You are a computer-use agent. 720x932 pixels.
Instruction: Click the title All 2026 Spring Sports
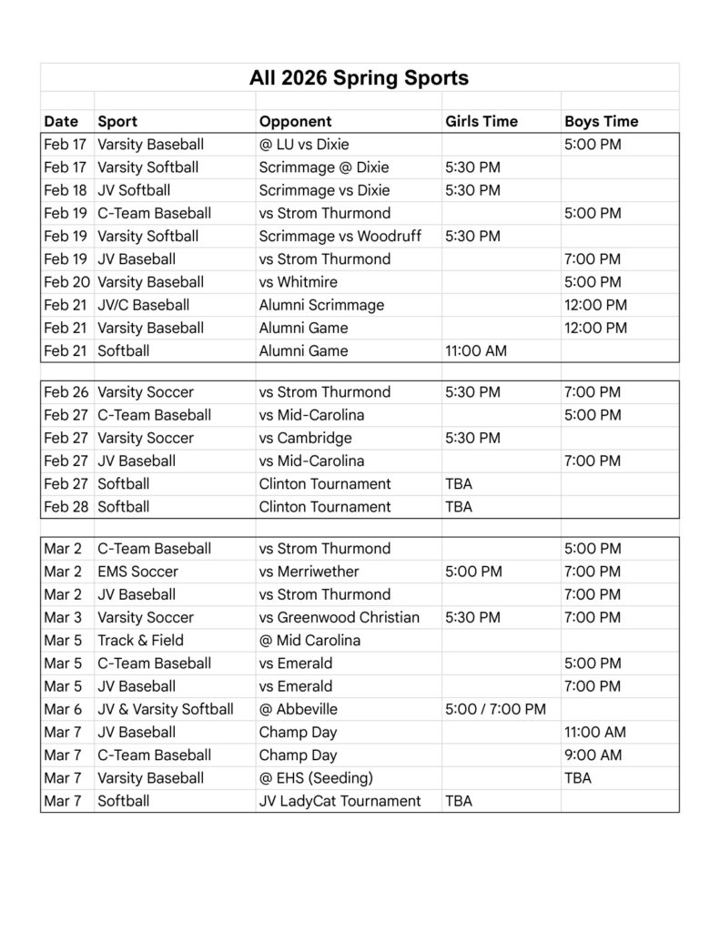pos(359,78)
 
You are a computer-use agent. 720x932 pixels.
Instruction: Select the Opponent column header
pos(295,121)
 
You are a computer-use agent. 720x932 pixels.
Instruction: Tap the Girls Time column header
pos(481,121)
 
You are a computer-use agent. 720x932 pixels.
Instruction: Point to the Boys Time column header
pos(601,121)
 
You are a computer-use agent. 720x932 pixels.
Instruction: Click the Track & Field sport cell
pos(140,640)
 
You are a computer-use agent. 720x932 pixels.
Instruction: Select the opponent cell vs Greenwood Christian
pos(339,617)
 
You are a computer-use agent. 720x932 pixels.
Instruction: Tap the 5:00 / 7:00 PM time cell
pos(495,709)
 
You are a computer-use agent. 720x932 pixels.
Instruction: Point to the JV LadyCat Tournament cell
pos(340,801)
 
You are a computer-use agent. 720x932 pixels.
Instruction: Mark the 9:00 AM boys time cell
pos(593,755)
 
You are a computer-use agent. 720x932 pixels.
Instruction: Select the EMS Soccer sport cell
pos(137,572)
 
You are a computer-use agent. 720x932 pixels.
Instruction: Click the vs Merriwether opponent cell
pos(309,572)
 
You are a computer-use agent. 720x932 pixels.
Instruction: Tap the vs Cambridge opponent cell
pos(305,438)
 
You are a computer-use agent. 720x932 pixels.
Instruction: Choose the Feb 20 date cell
pos(66,282)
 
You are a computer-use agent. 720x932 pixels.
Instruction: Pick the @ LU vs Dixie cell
pos(304,144)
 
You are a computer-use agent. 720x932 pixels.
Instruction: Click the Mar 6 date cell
pos(63,709)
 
